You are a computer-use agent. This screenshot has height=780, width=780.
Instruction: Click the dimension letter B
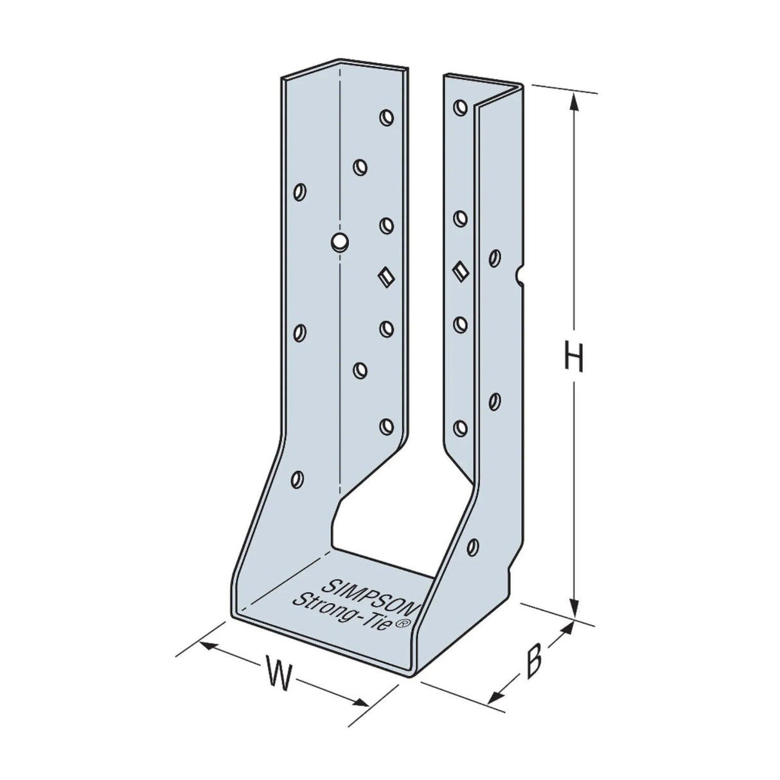coord(533,662)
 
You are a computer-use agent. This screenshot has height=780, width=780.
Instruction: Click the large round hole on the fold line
coord(339,242)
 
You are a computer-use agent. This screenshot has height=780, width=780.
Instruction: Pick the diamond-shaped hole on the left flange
coord(386,277)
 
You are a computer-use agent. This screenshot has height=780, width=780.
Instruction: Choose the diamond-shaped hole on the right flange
coord(460,270)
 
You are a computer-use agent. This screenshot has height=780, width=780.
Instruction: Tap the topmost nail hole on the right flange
coord(460,107)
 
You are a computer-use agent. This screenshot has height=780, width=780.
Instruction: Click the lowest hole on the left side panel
coord(297,478)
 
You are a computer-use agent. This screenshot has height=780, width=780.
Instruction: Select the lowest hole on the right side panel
coord(474,547)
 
